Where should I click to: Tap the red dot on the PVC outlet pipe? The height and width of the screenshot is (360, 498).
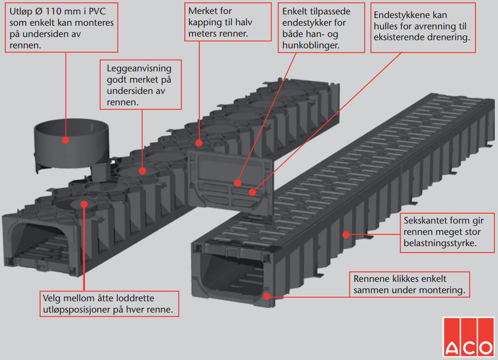click(65, 139)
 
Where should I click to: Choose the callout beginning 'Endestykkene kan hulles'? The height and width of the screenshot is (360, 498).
click(423, 26)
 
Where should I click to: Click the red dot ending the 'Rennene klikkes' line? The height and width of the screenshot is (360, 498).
click(267, 296)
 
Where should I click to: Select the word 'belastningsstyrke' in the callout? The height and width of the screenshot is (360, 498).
click(437, 243)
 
